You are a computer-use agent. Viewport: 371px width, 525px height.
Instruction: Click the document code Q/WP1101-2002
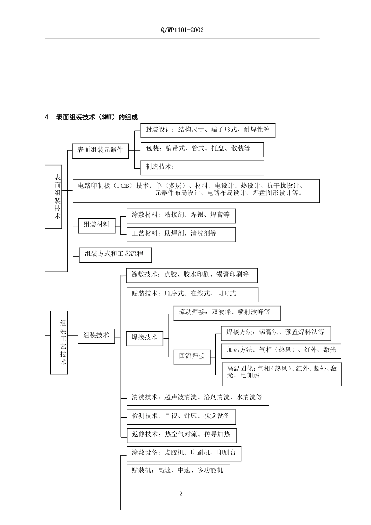[x=182, y=30]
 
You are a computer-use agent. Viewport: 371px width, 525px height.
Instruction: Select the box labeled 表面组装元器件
[x=100, y=150]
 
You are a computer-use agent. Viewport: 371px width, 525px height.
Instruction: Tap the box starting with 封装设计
[x=207, y=130]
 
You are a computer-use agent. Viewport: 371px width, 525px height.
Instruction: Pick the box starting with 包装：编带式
[x=202, y=149]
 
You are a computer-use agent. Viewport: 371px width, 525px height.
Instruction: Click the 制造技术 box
[x=202, y=168]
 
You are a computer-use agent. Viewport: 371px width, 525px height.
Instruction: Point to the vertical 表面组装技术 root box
[x=54, y=196]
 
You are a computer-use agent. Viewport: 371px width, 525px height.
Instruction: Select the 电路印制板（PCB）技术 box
[x=196, y=191]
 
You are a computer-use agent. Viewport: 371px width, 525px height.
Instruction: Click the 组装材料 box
[x=97, y=225]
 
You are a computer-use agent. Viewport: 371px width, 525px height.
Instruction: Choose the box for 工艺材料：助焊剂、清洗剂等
[x=181, y=234]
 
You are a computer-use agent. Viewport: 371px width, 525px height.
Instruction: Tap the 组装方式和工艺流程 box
[x=115, y=255]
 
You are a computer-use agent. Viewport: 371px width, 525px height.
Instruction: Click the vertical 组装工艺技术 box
[x=59, y=342]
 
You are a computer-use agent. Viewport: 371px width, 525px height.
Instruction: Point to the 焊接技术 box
[x=144, y=338]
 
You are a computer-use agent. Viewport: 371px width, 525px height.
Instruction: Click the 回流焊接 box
[x=192, y=356]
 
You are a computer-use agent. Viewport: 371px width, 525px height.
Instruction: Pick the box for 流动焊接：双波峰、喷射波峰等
[x=227, y=313]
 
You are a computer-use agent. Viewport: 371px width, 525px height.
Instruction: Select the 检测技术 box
[x=181, y=417]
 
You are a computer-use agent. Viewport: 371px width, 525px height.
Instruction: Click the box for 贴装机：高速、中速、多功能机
[x=178, y=471]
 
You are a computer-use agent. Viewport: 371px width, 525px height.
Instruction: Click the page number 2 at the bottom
[x=181, y=494]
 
